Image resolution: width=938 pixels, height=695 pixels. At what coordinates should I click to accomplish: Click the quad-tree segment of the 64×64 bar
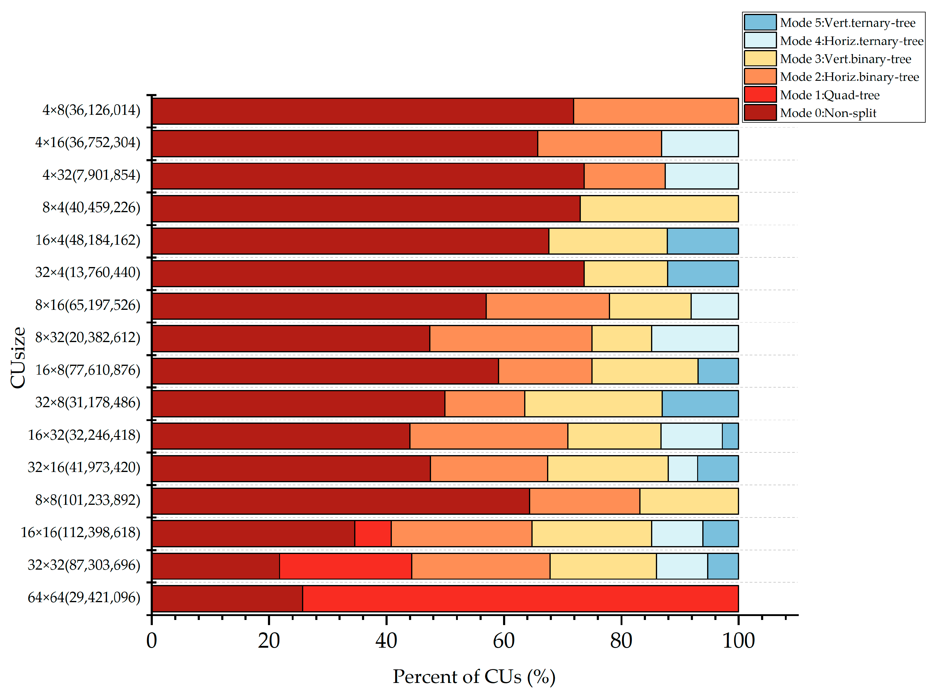tap(520, 599)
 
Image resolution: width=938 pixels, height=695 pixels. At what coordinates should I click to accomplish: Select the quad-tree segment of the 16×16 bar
tap(373, 533)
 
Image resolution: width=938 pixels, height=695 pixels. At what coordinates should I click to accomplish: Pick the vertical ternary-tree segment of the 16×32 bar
tap(730, 436)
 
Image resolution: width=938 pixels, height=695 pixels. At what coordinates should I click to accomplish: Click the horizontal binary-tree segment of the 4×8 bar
tap(656, 111)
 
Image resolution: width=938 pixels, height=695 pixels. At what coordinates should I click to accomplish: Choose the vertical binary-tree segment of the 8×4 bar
tap(659, 209)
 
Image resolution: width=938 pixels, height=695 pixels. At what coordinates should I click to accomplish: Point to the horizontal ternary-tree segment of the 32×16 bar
tap(683, 468)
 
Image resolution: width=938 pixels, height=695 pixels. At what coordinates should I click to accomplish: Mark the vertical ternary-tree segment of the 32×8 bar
tap(700, 404)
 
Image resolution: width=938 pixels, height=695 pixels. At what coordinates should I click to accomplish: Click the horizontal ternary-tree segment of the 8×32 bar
tap(695, 338)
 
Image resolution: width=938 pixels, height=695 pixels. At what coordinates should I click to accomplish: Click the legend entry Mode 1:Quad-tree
tap(829, 95)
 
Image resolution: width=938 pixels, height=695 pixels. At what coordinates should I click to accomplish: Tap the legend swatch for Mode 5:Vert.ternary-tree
tap(760, 22)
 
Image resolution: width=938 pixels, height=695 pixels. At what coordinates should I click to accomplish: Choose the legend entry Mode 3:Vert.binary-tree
tap(845, 59)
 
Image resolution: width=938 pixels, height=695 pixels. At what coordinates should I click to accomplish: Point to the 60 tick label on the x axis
tap(503, 641)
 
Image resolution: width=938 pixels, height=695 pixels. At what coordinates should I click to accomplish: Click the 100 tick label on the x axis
tap(738, 641)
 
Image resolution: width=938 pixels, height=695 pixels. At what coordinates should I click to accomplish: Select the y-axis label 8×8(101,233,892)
tap(87, 500)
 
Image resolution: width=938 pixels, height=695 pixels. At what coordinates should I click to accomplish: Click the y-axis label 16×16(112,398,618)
tap(80, 533)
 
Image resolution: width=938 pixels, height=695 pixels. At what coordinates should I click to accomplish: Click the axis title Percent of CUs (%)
tap(474, 677)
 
